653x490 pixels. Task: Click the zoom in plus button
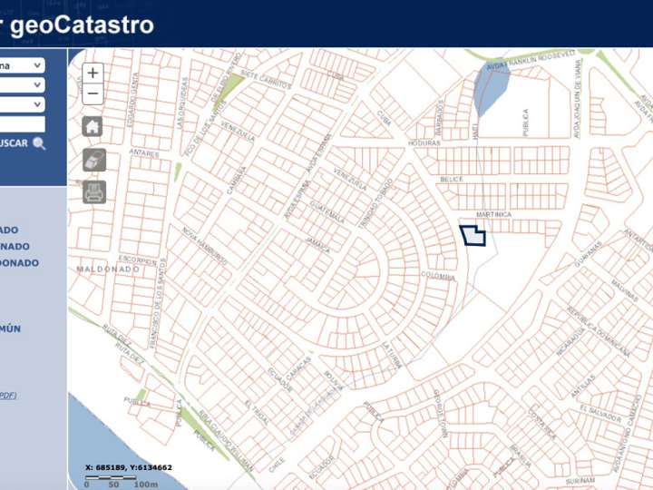[x=93, y=73]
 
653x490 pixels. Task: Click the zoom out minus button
[x=93, y=93]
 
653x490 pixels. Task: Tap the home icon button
[x=93, y=127]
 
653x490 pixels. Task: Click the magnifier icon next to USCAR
[x=39, y=143]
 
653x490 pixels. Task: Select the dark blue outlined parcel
[x=473, y=236]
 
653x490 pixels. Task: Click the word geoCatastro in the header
[x=82, y=24]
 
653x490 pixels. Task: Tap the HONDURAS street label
[x=424, y=143]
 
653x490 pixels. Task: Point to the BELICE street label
[x=452, y=180]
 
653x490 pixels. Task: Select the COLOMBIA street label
[x=437, y=276]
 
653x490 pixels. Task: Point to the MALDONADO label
[x=108, y=269]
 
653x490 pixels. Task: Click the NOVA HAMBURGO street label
[x=203, y=246]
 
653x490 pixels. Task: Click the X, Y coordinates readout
[x=128, y=467]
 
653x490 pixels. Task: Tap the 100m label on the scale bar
[x=145, y=485]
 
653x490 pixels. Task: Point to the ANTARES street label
[x=144, y=152]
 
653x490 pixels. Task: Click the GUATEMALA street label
[x=326, y=211]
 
